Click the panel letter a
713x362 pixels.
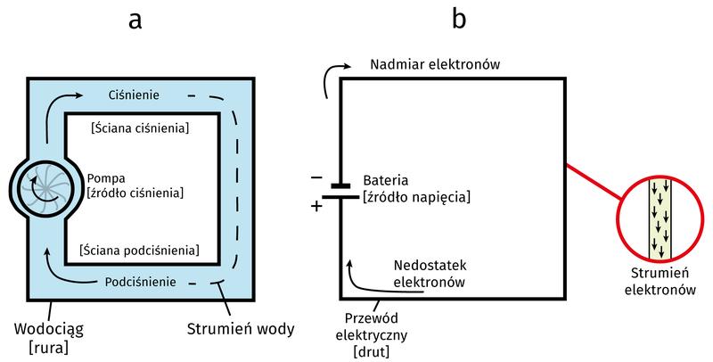pyautogui.click(x=135, y=21)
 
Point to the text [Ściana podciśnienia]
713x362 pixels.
pyautogui.click(x=139, y=251)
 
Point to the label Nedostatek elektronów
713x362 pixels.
pyautogui.click(x=430, y=275)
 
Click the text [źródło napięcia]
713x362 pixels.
pyautogui.click(x=416, y=196)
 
